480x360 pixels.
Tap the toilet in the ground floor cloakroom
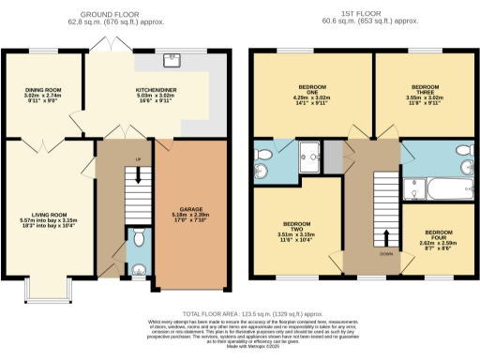point(138,234)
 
